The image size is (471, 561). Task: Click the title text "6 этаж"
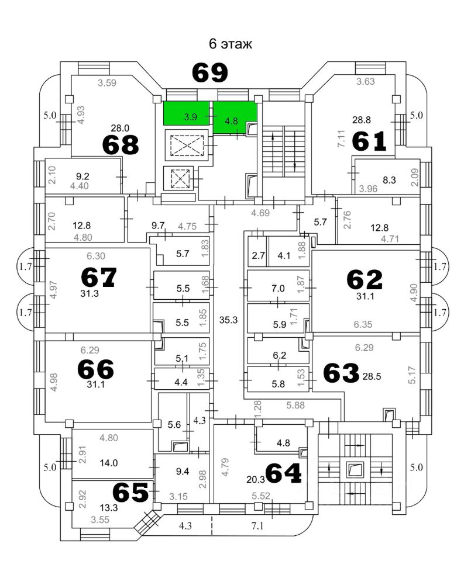point(231,44)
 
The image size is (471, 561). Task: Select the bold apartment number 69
point(210,73)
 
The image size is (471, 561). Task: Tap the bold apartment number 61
point(369,141)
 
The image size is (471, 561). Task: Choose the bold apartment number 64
point(283,473)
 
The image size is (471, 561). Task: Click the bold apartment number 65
point(130,493)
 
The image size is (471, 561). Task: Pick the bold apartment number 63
point(341,373)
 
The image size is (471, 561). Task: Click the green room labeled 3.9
point(190,117)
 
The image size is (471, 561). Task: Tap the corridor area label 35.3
point(227,320)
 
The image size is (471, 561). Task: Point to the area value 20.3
point(256,479)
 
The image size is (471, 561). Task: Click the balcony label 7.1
point(257,526)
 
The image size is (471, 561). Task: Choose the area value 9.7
point(159,226)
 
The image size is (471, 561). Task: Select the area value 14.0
point(109,463)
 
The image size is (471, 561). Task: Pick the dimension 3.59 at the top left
point(107,82)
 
